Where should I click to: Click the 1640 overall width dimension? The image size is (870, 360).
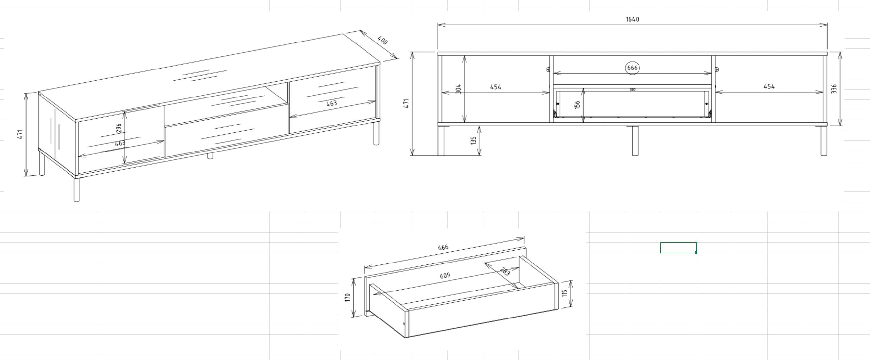pyautogui.click(x=632, y=19)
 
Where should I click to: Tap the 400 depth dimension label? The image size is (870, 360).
pyautogui.click(x=382, y=41)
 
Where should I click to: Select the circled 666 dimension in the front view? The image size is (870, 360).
pyautogui.click(x=632, y=68)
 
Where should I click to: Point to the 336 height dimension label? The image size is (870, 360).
pyautogui.click(x=834, y=89)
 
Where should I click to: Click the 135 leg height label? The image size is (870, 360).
pyautogui.click(x=473, y=141)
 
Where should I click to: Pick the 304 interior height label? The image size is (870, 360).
pyautogui.click(x=458, y=89)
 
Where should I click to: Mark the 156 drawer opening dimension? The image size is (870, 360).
pyautogui.click(x=577, y=105)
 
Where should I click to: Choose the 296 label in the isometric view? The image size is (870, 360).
pyautogui.click(x=119, y=128)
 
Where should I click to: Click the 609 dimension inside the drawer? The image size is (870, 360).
pyautogui.click(x=445, y=276)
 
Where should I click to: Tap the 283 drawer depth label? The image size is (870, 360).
pyautogui.click(x=504, y=271)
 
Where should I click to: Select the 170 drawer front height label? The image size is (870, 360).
pyautogui.click(x=347, y=297)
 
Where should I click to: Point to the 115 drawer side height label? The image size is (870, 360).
pyautogui.click(x=564, y=293)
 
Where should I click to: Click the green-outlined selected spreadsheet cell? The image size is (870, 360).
pyautogui.click(x=678, y=248)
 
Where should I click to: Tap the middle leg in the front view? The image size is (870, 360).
pyautogui.click(x=635, y=141)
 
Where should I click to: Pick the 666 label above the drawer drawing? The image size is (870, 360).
pyautogui.click(x=443, y=248)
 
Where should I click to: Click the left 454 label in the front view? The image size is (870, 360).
pyautogui.click(x=496, y=87)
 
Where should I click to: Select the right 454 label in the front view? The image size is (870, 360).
pyautogui.click(x=769, y=86)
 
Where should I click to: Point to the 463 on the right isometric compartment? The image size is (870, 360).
pyautogui.click(x=331, y=103)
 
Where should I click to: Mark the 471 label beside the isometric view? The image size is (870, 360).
pyautogui.click(x=20, y=134)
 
